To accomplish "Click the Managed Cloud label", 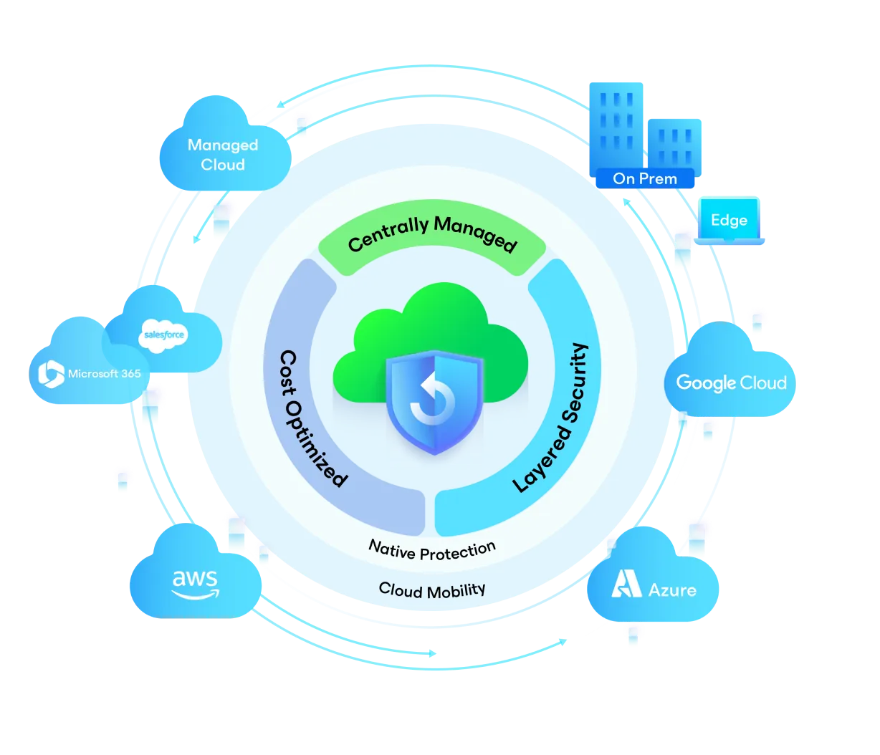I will tap(222, 155).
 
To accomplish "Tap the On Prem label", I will tap(644, 178).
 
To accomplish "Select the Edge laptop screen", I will tap(729, 221).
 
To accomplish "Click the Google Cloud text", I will tap(731, 383).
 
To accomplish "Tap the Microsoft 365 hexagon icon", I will tap(51, 372).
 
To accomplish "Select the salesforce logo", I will tap(164, 335).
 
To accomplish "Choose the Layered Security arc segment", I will tap(552, 415).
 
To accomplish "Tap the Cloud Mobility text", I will tap(431, 590).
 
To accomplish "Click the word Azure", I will tap(671, 590).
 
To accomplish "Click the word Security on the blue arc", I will tap(572, 396).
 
